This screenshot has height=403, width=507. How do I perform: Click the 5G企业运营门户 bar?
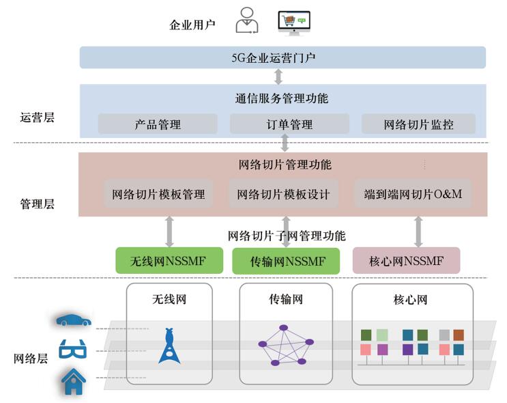point(283,57)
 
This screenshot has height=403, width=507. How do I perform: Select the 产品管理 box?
point(158,124)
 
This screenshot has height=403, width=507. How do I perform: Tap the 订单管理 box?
point(289,124)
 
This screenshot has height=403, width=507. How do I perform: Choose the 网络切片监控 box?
point(418,124)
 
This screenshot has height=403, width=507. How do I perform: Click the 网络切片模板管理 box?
point(158,194)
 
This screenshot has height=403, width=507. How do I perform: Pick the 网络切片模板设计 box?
point(283,194)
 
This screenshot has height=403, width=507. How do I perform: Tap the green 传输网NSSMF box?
point(287,261)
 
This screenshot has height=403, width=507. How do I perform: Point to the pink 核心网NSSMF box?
point(406,261)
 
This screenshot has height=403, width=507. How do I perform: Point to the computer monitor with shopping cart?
point(295,23)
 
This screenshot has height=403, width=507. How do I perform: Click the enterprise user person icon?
point(247,20)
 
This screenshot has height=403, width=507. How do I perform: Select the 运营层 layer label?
point(37,117)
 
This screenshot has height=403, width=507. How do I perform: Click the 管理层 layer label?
point(37,204)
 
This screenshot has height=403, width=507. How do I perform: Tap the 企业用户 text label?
point(192,25)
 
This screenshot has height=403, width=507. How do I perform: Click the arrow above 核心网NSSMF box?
point(418,232)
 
